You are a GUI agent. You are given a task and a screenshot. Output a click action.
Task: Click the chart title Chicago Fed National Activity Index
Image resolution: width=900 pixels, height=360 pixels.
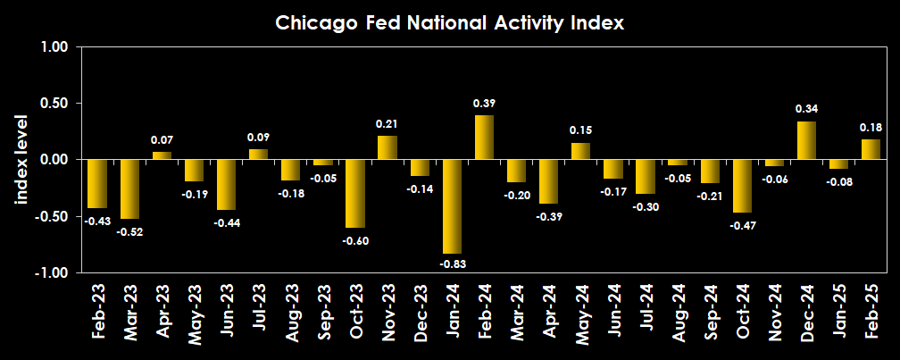coord(449,24)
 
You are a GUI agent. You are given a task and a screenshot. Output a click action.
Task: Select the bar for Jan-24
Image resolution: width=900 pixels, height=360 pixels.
coord(452,206)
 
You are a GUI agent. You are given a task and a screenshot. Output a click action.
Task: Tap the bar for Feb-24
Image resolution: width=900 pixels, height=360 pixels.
coord(484,138)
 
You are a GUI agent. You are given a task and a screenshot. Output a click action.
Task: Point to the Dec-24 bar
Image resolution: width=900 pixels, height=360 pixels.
coord(806,140)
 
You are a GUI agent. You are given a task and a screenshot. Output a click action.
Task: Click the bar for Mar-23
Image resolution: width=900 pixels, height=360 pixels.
coord(129,188)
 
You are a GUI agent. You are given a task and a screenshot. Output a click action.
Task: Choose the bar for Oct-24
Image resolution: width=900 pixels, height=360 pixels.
coord(742,186)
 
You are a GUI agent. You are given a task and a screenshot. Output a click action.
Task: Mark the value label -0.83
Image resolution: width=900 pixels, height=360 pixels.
coord(453,264)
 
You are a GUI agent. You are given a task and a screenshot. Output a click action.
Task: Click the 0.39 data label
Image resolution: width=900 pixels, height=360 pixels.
coord(484,104)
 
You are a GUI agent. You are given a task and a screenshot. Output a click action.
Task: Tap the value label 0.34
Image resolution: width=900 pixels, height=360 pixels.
coord(807,109)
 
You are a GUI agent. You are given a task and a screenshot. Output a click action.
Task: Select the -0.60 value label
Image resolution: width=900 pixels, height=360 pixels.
coord(355,240)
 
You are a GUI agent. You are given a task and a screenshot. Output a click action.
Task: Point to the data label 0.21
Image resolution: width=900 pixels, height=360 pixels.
coord(387,123)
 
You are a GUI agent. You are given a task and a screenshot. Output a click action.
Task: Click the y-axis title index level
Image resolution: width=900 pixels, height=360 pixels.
coord(21,160)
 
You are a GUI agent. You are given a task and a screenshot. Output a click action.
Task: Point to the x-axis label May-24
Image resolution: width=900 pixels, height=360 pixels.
coord(581,314)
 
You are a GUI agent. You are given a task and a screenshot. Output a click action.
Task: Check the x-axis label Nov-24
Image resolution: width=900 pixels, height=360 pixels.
coord(774,314)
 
